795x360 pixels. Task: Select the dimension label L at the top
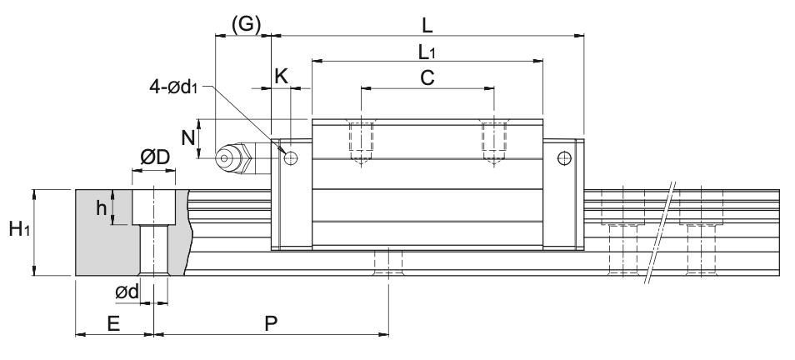(x=427, y=24)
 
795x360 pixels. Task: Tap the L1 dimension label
(x=427, y=52)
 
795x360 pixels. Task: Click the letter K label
(x=281, y=77)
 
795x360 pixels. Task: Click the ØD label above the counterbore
(x=154, y=158)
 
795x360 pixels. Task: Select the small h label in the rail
(x=102, y=208)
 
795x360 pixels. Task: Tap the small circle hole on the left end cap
(x=290, y=157)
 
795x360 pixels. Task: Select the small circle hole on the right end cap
(x=565, y=157)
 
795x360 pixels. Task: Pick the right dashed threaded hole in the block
(x=494, y=140)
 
